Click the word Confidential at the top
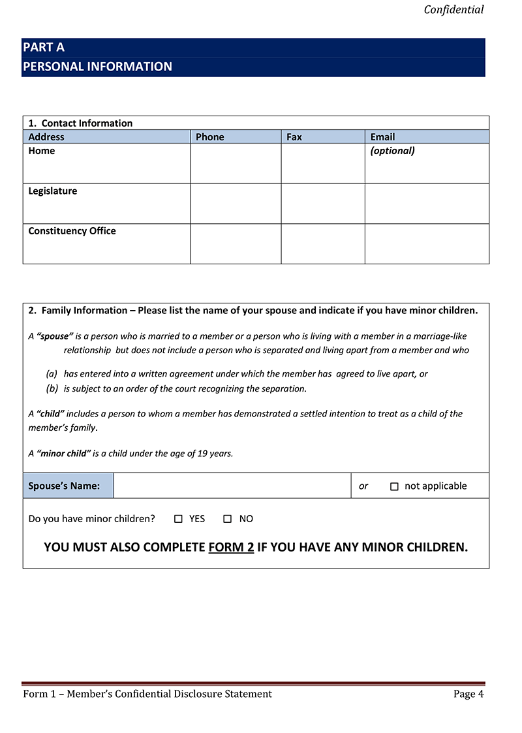(453, 9)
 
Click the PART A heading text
(44, 48)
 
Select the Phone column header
(209, 137)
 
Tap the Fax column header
(294, 137)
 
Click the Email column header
(382, 137)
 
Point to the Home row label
(42, 151)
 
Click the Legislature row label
(52, 191)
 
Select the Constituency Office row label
(72, 231)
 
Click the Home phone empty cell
(236, 163)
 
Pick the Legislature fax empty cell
(323, 204)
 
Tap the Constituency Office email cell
(427, 243)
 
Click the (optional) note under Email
(392, 151)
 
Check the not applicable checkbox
(394, 486)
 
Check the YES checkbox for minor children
(178, 519)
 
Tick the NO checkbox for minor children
(228, 519)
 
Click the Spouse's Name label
(64, 486)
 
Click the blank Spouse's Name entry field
(232, 486)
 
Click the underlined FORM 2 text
(231, 547)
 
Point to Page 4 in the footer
(468, 694)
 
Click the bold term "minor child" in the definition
(64, 454)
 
